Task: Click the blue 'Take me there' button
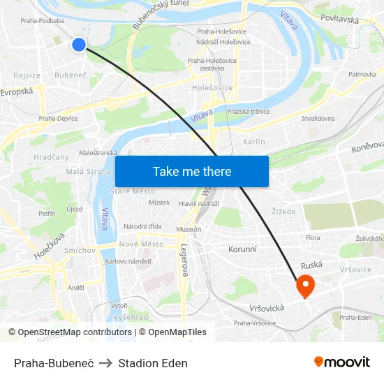(192, 171)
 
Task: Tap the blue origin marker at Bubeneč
(79, 45)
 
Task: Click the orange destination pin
(306, 286)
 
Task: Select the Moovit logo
(341, 362)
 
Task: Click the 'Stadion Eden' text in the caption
(153, 363)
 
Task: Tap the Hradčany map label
(51, 157)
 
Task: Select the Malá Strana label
(88, 172)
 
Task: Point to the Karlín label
(254, 142)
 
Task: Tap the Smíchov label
(80, 250)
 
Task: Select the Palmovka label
(362, 74)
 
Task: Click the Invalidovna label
(318, 119)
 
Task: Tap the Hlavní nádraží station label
(199, 204)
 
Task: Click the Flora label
(313, 238)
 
